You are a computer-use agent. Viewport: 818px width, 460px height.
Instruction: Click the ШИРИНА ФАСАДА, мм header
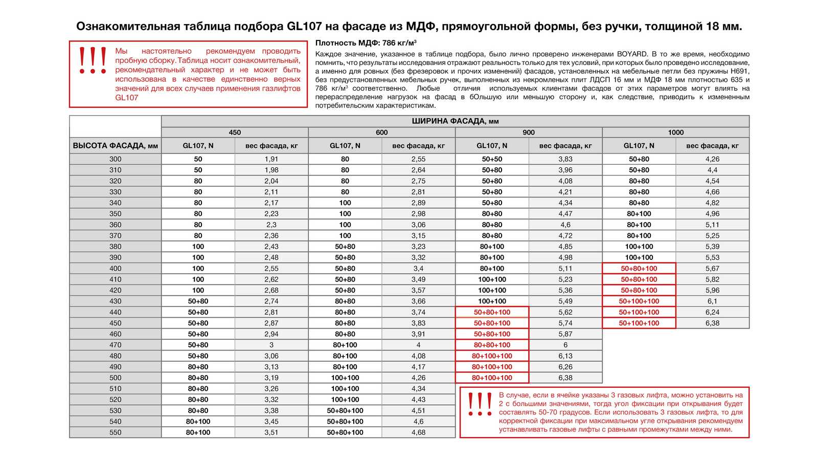point(455,121)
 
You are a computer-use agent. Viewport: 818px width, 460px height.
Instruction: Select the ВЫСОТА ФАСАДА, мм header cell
point(116,146)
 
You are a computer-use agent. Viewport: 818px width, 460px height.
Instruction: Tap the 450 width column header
point(235,133)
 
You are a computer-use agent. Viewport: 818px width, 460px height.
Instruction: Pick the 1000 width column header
point(675,133)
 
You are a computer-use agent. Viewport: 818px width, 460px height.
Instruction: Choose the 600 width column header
point(381,133)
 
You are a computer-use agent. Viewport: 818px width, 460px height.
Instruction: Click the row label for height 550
point(116,432)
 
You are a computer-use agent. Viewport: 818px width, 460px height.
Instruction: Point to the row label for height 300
point(116,159)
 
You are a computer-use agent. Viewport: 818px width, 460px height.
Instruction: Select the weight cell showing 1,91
point(271,159)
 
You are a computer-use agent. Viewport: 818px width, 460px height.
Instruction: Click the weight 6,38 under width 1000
point(712,323)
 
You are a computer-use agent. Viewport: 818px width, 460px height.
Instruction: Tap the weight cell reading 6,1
point(712,301)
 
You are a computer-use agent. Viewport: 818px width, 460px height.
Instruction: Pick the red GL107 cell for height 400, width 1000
point(639,269)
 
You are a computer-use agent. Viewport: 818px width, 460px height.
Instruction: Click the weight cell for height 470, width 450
point(271,345)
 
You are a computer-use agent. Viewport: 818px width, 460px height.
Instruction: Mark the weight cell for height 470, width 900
point(565,345)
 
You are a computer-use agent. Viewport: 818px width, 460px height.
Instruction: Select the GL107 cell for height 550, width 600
point(345,432)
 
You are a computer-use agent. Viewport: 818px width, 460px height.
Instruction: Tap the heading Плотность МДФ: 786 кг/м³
point(366,43)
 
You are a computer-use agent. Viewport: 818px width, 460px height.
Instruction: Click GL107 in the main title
point(305,27)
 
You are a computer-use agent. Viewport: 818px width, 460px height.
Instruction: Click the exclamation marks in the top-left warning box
point(93,60)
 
